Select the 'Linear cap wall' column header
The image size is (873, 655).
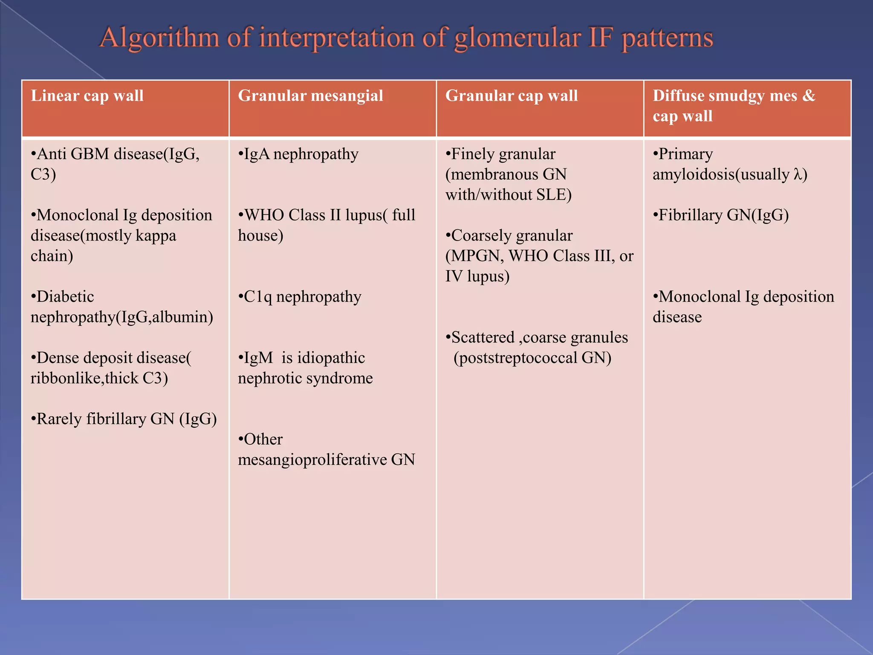pos(87,96)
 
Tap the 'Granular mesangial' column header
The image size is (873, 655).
pos(310,96)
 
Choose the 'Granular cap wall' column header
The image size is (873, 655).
pos(512,96)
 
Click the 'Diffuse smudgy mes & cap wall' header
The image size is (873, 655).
pos(733,106)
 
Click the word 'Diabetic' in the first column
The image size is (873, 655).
pos(65,297)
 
